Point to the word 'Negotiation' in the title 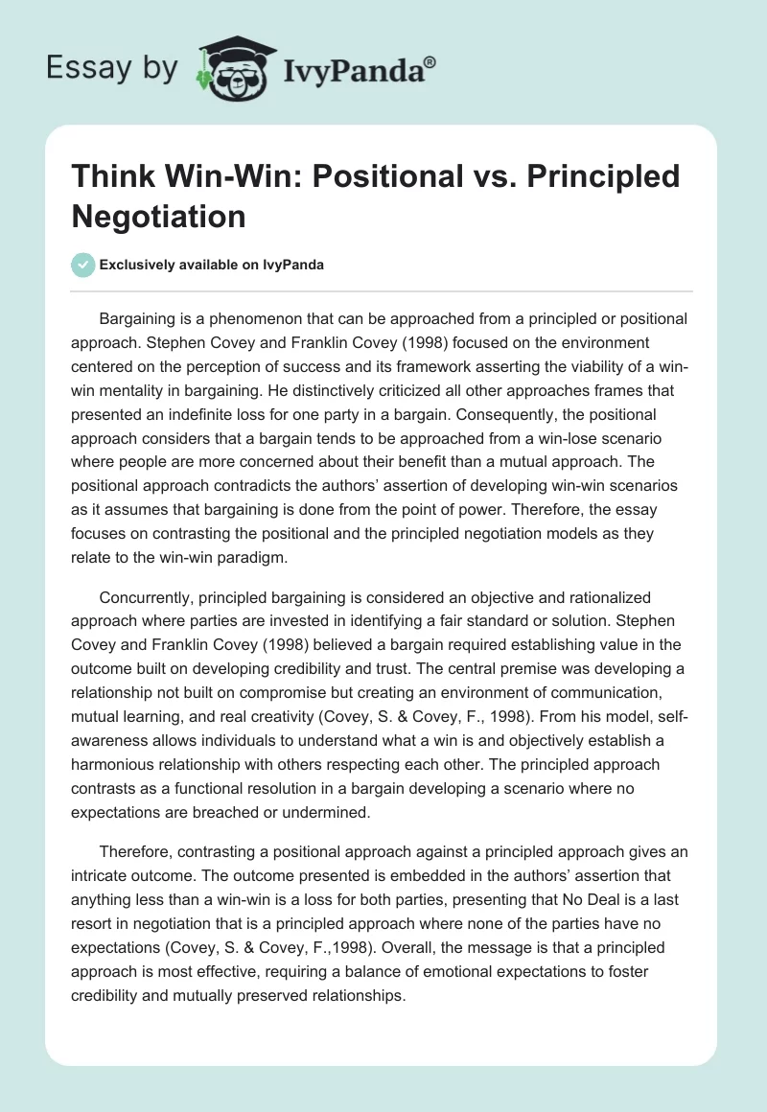point(159,216)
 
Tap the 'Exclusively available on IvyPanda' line point(211,266)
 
